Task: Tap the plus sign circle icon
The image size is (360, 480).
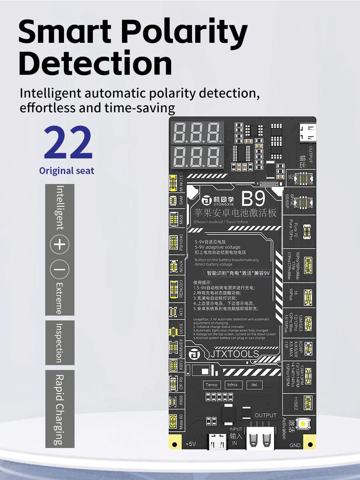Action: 60,244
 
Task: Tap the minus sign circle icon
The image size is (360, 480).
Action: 60,271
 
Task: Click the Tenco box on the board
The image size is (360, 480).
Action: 212,385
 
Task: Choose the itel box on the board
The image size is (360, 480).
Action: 254,385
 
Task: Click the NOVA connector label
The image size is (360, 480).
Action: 181,267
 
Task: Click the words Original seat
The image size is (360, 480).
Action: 67,171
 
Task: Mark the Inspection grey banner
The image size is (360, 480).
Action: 60,343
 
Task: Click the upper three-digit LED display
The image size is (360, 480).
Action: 198,132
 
